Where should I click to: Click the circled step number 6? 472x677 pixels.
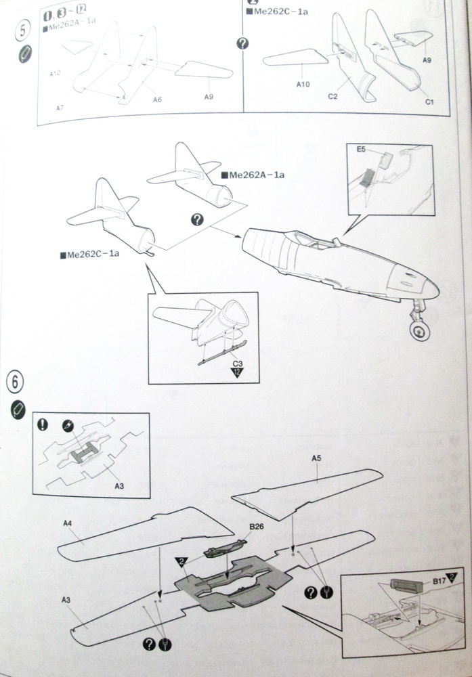[x=16, y=382]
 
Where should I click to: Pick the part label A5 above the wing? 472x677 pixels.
[x=316, y=459]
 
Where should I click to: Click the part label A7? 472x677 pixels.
[x=60, y=108]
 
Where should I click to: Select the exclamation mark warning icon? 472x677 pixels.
[x=43, y=424]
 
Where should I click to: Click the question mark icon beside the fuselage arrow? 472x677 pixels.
[x=197, y=219]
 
